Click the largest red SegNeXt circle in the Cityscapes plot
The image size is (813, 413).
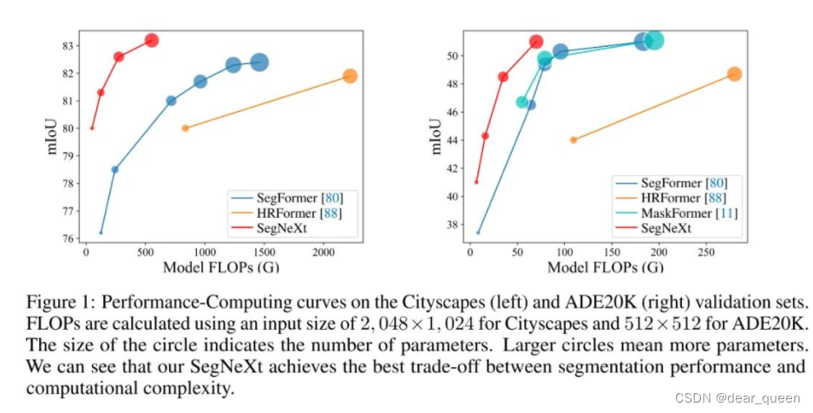[151, 40]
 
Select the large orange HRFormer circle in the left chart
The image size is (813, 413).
[350, 76]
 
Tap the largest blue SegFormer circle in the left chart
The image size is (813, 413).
[259, 62]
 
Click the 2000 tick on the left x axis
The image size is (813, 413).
[323, 251]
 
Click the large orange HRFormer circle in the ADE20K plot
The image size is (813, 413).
[734, 74]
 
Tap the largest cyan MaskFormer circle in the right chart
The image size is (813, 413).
[655, 40]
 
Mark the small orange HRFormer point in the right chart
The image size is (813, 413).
[574, 140]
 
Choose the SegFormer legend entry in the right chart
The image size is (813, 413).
[683, 182]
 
